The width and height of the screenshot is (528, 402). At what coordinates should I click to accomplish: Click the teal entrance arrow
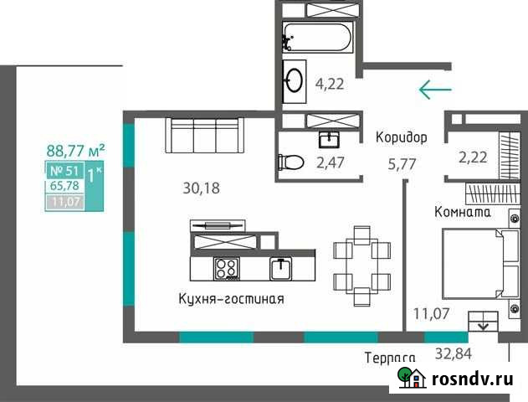pyautogui.click(x=435, y=89)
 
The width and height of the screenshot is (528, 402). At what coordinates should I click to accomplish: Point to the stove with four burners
pyautogui.click(x=226, y=269)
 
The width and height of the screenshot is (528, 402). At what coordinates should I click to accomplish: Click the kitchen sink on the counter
pyautogui.click(x=279, y=269)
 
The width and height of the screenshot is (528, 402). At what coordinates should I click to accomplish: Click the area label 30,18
pyautogui.click(x=202, y=188)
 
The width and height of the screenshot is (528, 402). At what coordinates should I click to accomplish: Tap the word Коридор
pyautogui.click(x=402, y=137)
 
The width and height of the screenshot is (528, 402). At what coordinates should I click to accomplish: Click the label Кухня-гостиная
pyautogui.click(x=232, y=299)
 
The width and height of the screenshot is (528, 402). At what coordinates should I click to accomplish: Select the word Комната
pyautogui.click(x=463, y=212)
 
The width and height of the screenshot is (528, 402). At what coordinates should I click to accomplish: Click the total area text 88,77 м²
pyautogui.click(x=75, y=151)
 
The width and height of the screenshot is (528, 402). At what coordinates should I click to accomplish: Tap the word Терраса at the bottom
pyautogui.click(x=391, y=358)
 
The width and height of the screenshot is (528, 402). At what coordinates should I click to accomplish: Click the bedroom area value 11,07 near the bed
pyautogui.click(x=432, y=315)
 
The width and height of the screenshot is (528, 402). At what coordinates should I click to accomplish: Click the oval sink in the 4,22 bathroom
pyautogui.click(x=295, y=79)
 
